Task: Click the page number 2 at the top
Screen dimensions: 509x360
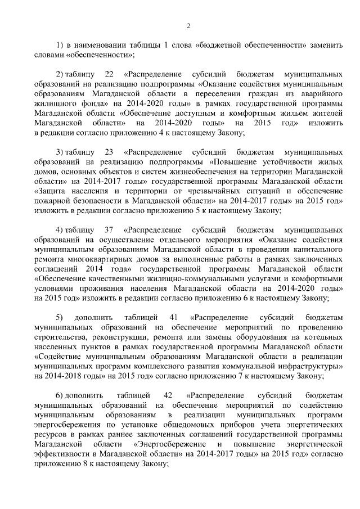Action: pyautogui.click(x=188, y=25)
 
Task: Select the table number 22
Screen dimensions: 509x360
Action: pyautogui.click(x=109, y=74)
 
